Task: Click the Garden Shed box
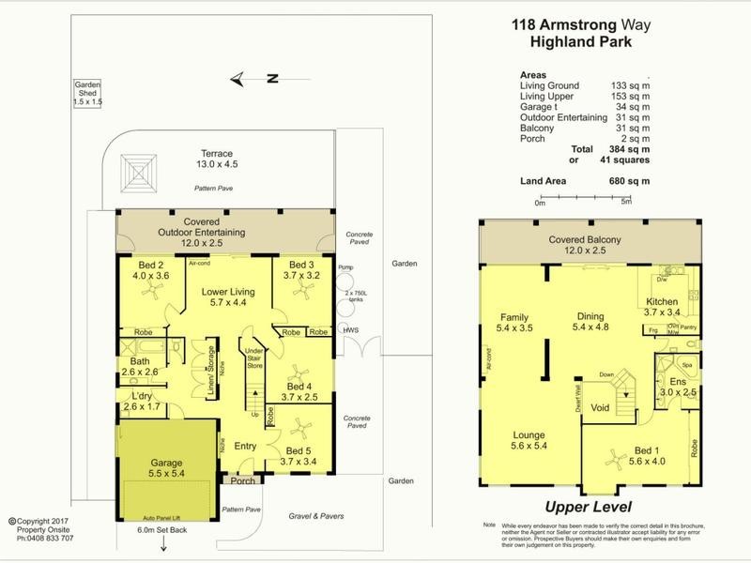[x=92, y=93]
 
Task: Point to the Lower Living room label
[x=228, y=297]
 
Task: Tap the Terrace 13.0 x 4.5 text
[x=214, y=160]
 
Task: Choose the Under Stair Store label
[x=254, y=358]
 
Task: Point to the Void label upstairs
[x=601, y=408]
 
